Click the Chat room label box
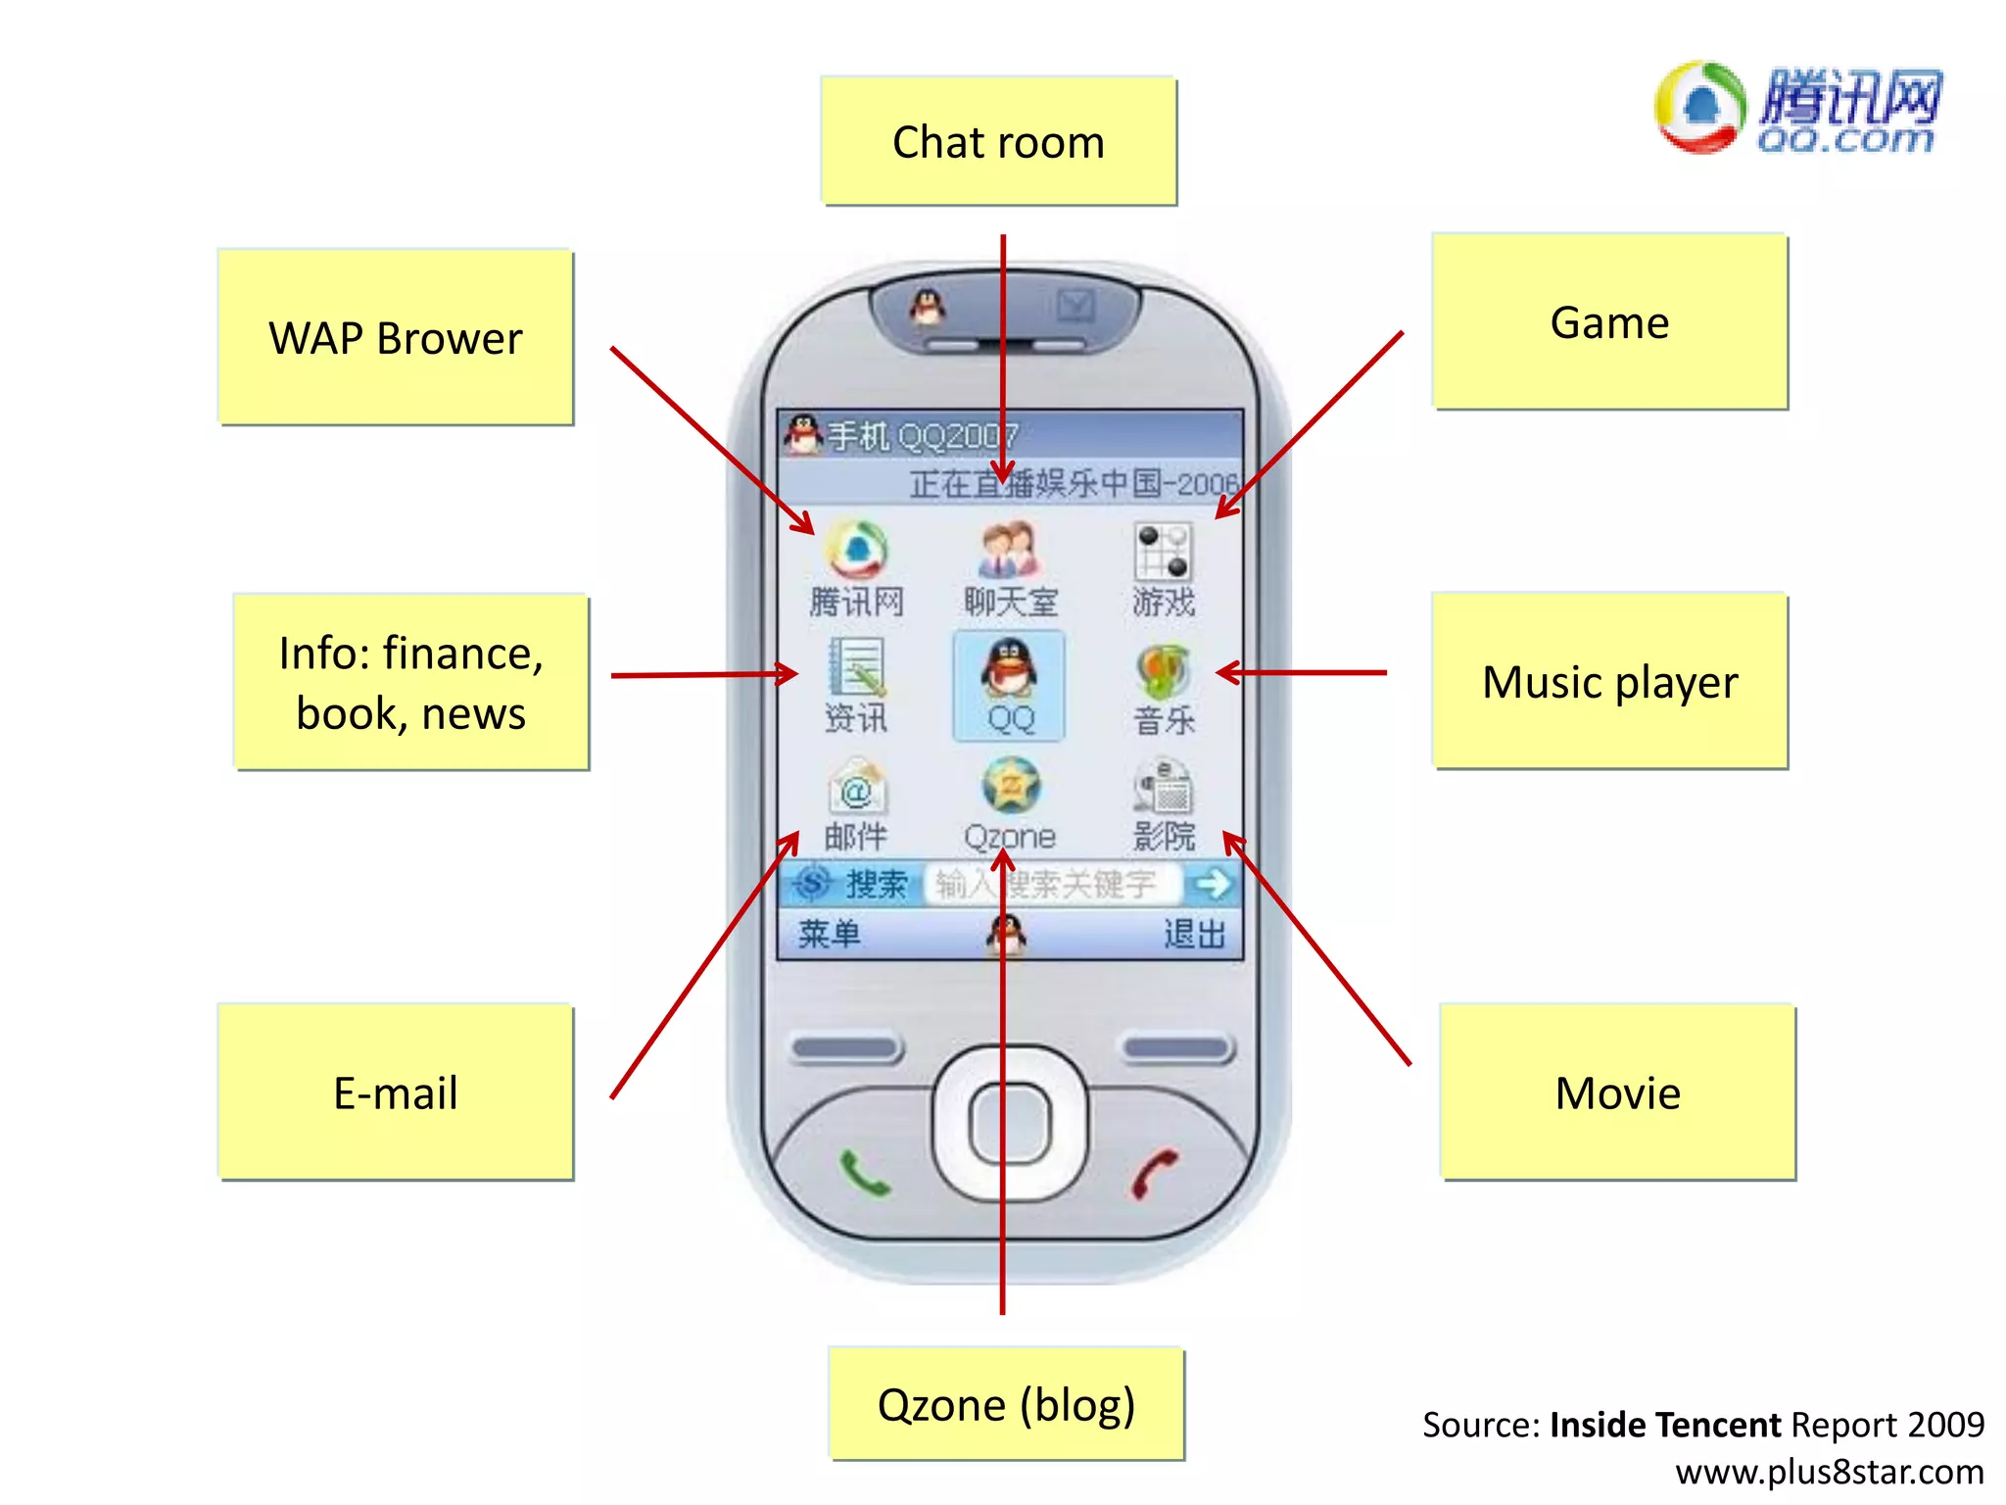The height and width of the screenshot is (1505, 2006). pos(998,141)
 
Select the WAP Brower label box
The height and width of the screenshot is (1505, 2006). pos(396,337)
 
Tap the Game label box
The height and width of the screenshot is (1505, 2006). pos(1609,321)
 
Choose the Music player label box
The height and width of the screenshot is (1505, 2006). pos(1609,681)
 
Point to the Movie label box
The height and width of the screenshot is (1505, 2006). pos(1617,1092)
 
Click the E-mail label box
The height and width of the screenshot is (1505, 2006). pos(396,1092)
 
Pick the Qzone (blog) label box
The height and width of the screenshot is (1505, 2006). pos(1006,1403)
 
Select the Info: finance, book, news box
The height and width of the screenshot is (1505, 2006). pos(410,682)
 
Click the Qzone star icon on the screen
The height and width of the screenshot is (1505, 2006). pos(1010,786)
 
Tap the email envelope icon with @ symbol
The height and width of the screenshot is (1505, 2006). pos(857,787)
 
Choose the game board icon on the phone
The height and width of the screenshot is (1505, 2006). pos(1163,551)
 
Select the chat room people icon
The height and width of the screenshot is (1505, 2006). pos(1009,551)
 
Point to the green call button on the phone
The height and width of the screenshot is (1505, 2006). pos(864,1173)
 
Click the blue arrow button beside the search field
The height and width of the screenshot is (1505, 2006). pos(1212,884)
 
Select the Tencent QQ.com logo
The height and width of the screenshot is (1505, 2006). pos(1798,108)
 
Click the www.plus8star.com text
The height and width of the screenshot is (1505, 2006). pos(1829,1472)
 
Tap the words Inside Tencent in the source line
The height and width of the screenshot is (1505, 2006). pos(1665,1424)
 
